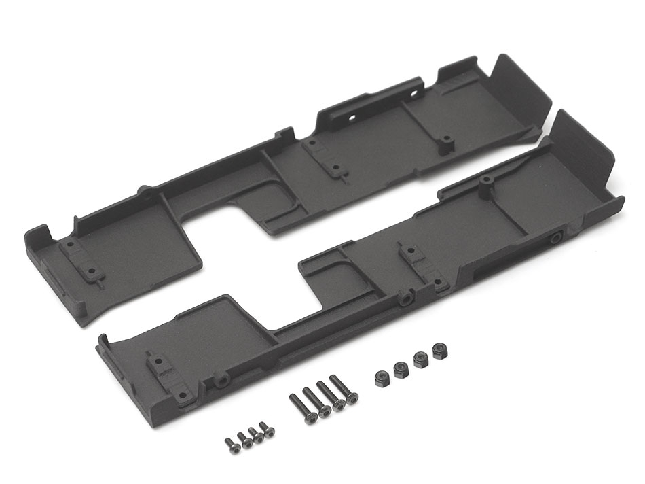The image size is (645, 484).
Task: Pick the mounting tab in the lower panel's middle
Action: tap(411, 261)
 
